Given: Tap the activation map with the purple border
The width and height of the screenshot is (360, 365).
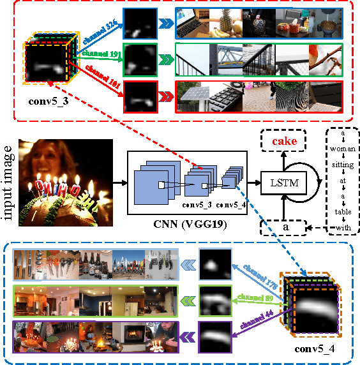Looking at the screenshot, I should (216, 333).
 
